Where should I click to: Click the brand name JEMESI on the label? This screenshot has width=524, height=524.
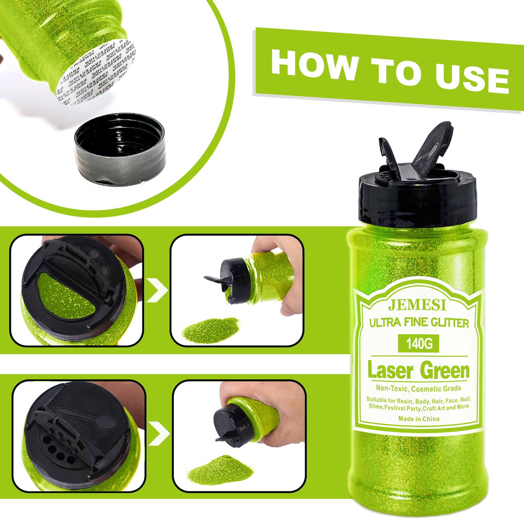[417, 305]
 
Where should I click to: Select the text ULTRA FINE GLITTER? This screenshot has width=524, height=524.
[419, 323]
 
